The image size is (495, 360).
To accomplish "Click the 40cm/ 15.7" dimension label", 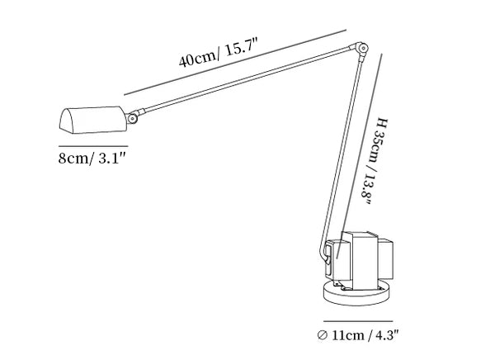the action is point(219,52).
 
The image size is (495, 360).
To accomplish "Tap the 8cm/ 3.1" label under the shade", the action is point(92,158).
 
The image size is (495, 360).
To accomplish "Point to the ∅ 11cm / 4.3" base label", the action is point(359,334).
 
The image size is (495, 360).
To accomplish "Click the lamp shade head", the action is point(92,120).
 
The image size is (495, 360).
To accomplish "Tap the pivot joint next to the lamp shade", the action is point(132,118).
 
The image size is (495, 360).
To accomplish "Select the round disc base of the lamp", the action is point(356,293).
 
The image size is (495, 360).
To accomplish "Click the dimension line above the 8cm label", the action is point(93,146).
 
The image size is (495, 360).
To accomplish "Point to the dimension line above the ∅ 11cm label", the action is point(358,321).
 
